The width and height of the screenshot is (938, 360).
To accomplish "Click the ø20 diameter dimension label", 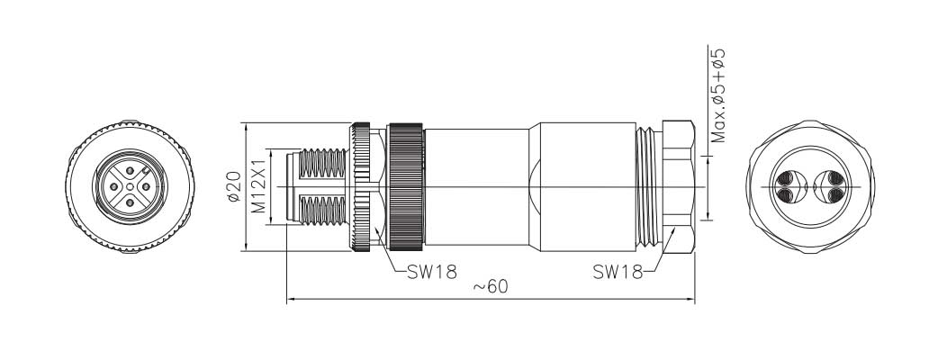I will click(232, 185).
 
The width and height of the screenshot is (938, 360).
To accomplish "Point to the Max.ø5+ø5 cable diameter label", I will click(717, 96).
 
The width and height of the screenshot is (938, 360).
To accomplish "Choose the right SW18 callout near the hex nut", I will click(618, 271).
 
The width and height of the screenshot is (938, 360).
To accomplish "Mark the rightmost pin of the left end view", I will click(147, 187).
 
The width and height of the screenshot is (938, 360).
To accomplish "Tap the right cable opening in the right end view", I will click(828, 187).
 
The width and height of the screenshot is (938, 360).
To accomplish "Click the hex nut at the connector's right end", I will click(677, 186).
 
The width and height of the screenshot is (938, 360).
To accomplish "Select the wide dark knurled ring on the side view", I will click(405, 186).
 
